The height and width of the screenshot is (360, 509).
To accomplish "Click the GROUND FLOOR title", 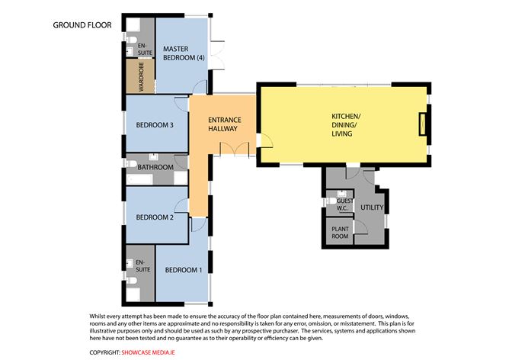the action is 82,25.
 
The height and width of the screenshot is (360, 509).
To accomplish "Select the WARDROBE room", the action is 140,77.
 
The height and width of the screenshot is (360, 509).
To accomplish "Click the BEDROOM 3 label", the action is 155,125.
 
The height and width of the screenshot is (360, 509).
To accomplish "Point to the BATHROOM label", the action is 155,167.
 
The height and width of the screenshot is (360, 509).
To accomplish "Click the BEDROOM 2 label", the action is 155,217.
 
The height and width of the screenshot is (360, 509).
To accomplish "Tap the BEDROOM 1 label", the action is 184,270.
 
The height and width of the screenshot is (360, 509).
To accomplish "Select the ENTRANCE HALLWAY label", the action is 225,124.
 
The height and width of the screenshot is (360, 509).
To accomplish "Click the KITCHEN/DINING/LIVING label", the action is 346,125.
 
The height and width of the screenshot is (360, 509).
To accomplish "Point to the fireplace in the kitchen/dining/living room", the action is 422,124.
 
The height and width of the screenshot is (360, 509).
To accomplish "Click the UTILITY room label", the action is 372,207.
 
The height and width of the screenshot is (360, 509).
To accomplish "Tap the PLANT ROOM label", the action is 340,233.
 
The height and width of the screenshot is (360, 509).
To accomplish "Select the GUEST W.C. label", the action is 344,204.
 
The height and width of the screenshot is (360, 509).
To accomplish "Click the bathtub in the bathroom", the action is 139,179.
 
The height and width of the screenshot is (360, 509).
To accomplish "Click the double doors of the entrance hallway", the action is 234,149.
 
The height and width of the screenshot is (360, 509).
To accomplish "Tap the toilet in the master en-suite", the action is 131,40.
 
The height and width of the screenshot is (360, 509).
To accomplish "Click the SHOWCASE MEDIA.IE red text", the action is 149,352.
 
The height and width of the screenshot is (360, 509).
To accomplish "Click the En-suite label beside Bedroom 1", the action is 142,265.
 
